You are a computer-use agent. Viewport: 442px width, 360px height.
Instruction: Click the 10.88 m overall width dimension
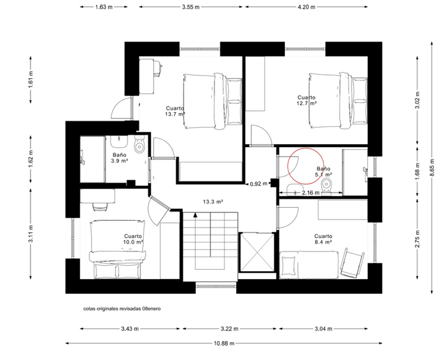224,343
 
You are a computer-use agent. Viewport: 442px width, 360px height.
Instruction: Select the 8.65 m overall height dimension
432,167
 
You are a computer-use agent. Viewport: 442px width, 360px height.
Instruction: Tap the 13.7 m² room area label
175,114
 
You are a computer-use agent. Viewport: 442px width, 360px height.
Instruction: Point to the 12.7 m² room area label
306,103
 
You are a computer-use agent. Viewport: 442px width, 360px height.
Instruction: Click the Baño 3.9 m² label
120,158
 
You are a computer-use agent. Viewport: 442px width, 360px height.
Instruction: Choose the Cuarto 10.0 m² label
133,239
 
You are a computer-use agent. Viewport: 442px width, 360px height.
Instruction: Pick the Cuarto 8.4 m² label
324,239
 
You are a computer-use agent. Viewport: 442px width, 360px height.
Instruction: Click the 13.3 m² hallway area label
213,202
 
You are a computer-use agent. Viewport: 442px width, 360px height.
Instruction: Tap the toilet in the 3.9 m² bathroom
139,145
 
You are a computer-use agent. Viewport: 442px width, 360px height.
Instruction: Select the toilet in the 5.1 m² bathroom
327,186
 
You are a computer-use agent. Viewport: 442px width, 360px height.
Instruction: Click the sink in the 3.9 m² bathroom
118,142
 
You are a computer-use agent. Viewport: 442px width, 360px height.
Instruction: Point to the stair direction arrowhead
195,215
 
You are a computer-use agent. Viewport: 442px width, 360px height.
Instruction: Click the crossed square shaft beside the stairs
257,252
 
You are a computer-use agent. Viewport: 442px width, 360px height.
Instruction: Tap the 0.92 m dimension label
259,184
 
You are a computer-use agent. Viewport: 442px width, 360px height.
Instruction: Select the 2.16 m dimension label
311,193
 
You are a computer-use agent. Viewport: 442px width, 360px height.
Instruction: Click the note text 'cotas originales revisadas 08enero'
122,308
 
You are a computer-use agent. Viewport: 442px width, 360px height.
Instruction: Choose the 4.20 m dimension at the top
306,7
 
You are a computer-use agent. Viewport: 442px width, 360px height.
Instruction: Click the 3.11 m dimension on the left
31,234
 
